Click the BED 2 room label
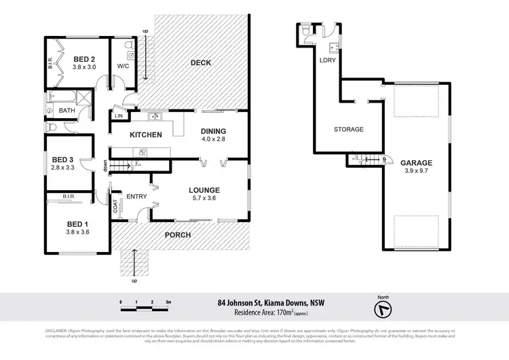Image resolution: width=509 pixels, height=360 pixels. (85, 59)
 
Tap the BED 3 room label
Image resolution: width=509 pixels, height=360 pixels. (64, 161)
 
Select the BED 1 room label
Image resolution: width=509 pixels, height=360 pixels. (77, 224)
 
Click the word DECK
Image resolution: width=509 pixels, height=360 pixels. (200, 63)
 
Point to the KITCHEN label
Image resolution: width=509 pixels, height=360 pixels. (146, 134)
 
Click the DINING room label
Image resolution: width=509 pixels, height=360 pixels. (213, 131)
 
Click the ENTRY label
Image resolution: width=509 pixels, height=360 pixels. (136, 197)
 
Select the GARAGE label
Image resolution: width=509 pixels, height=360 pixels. (416, 163)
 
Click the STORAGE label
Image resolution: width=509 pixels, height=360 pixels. (348, 129)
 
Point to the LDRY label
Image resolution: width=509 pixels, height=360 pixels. (328, 60)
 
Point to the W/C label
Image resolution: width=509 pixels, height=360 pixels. (123, 66)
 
